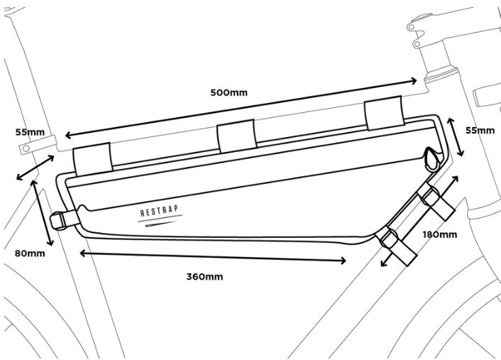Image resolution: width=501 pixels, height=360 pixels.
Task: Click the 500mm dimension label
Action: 229,92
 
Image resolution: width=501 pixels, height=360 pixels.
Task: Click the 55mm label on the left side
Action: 28,132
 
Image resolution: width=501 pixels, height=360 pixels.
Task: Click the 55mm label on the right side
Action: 480,131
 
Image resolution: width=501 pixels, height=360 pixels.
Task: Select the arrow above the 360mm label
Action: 213,256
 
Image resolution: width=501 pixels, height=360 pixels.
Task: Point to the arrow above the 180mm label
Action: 419,220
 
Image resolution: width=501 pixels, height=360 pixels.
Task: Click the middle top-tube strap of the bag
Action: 236,136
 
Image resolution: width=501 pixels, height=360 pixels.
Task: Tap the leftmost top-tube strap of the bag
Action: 93,158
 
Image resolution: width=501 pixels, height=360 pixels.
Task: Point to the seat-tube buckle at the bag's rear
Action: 66,219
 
